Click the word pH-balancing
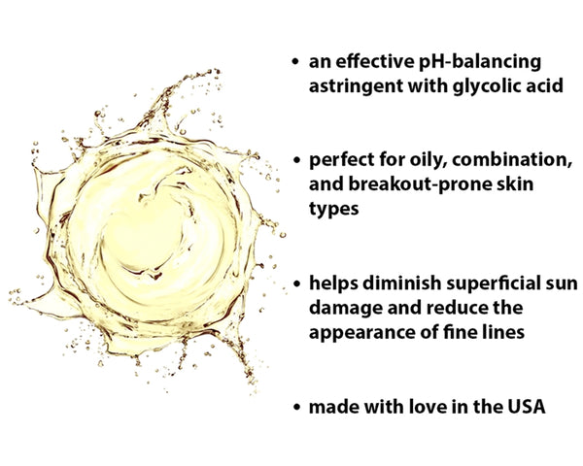(485, 62)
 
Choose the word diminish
(394, 283)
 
